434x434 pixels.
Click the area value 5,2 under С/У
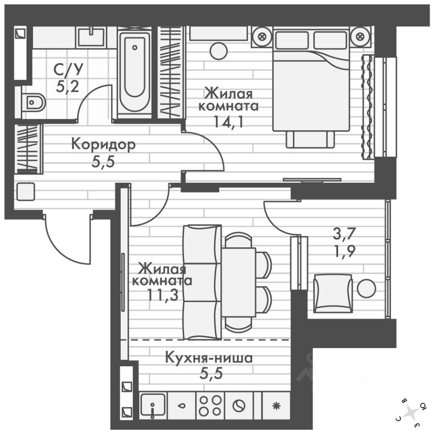pos(67,85)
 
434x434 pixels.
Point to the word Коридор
pos(104,145)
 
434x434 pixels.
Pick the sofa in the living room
pos(202,283)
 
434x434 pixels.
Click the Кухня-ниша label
pos(208,359)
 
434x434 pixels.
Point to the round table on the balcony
pos(366,288)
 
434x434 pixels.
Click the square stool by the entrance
pos(25,192)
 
